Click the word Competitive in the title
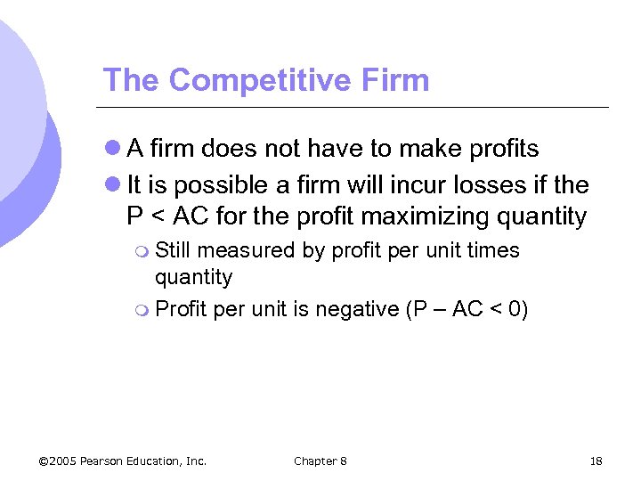[254, 80]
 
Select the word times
[492, 250]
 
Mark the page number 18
[596, 461]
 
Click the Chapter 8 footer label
[320, 461]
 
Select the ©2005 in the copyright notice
[58, 461]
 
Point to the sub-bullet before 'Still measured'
[143, 251]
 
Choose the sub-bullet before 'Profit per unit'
[143, 310]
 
